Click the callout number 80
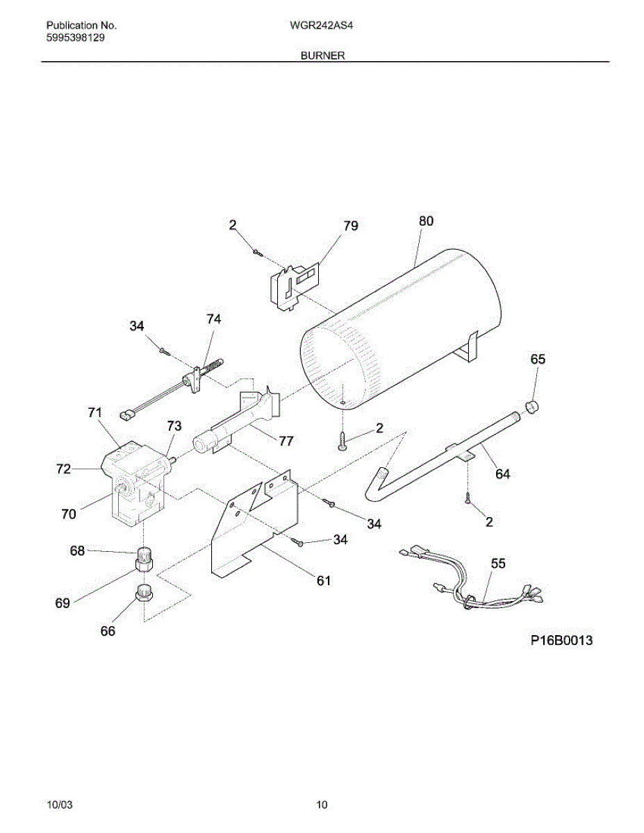click(x=426, y=221)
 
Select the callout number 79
click(x=351, y=226)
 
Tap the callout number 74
click(x=213, y=319)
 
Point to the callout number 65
click(x=538, y=359)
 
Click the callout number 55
click(x=498, y=564)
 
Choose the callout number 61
click(x=324, y=581)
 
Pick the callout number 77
click(x=286, y=441)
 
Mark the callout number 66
click(x=108, y=631)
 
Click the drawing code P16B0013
click(x=561, y=641)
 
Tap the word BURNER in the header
click(x=322, y=55)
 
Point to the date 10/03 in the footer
click(x=58, y=805)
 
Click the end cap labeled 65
click(x=533, y=406)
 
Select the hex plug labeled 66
click(x=144, y=594)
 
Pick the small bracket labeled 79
click(x=293, y=285)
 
